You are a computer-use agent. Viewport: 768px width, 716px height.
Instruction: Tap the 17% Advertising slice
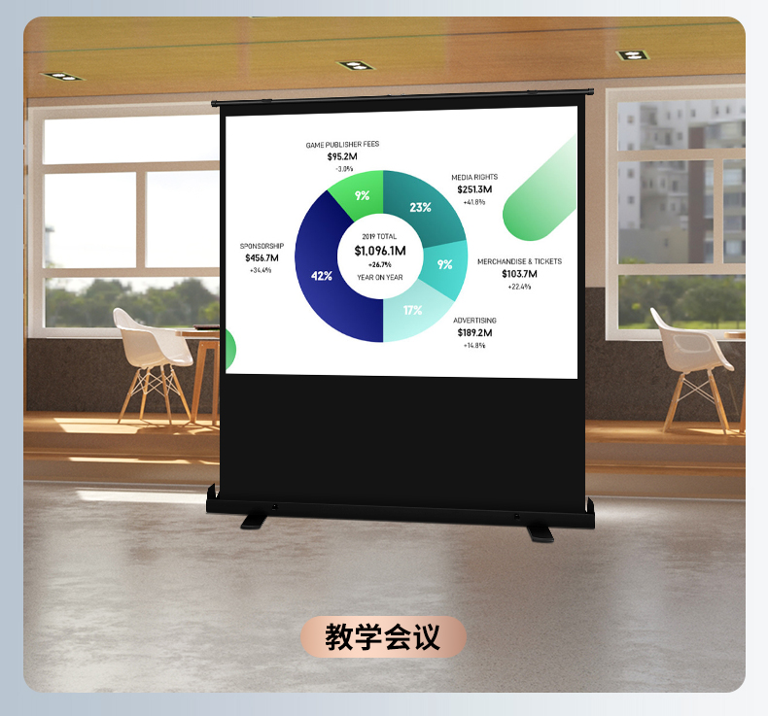click(413, 311)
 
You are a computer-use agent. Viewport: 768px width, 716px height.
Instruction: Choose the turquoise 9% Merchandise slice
click(444, 267)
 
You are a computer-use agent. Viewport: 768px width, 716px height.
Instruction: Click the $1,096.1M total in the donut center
click(380, 251)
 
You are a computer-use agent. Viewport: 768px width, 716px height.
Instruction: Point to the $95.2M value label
click(342, 156)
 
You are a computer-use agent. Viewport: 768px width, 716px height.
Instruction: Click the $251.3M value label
click(474, 189)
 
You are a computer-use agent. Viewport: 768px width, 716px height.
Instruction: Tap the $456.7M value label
click(262, 257)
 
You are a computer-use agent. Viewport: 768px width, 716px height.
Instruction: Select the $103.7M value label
click(519, 274)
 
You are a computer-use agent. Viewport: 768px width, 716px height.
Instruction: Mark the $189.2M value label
click(474, 333)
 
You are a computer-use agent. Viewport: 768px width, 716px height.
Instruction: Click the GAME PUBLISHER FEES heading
click(342, 145)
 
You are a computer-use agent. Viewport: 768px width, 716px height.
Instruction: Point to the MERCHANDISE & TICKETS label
click(520, 262)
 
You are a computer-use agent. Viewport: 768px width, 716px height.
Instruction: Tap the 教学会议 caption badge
click(383, 636)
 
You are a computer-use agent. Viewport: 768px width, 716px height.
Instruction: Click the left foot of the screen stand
click(254, 522)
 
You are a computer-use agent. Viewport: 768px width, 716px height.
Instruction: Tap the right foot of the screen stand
click(541, 533)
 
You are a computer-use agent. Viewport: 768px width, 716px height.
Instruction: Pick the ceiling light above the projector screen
click(356, 65)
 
